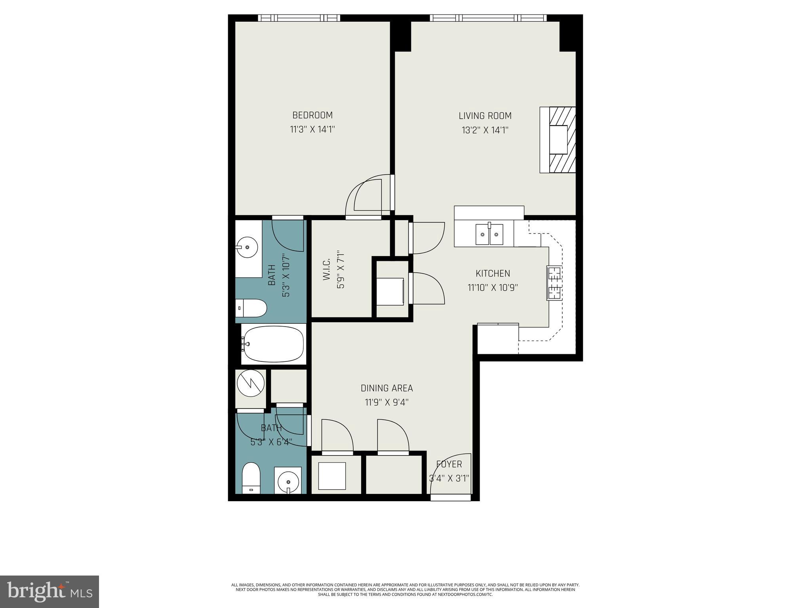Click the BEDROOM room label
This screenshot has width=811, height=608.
tap(312, 115)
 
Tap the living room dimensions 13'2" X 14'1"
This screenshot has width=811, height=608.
tap(485, 130)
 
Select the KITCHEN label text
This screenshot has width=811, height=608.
tap(493, 273)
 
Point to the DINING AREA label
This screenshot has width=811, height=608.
tap(386, 388)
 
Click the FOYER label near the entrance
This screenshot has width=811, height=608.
tap(449, 464)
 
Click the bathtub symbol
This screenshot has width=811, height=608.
tap(274, 344)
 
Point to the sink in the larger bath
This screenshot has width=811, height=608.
tap(247, 247)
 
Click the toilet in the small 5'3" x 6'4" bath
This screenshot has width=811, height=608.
tap(251, 478)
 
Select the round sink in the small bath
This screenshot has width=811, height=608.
tap(288, 482)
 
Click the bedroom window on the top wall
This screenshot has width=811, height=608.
tap(299, 18)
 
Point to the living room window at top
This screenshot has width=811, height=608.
tap(488, 18)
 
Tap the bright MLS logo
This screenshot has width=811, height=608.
tap(49, 591)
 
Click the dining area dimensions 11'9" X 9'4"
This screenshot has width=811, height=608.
tap(386, 403)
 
